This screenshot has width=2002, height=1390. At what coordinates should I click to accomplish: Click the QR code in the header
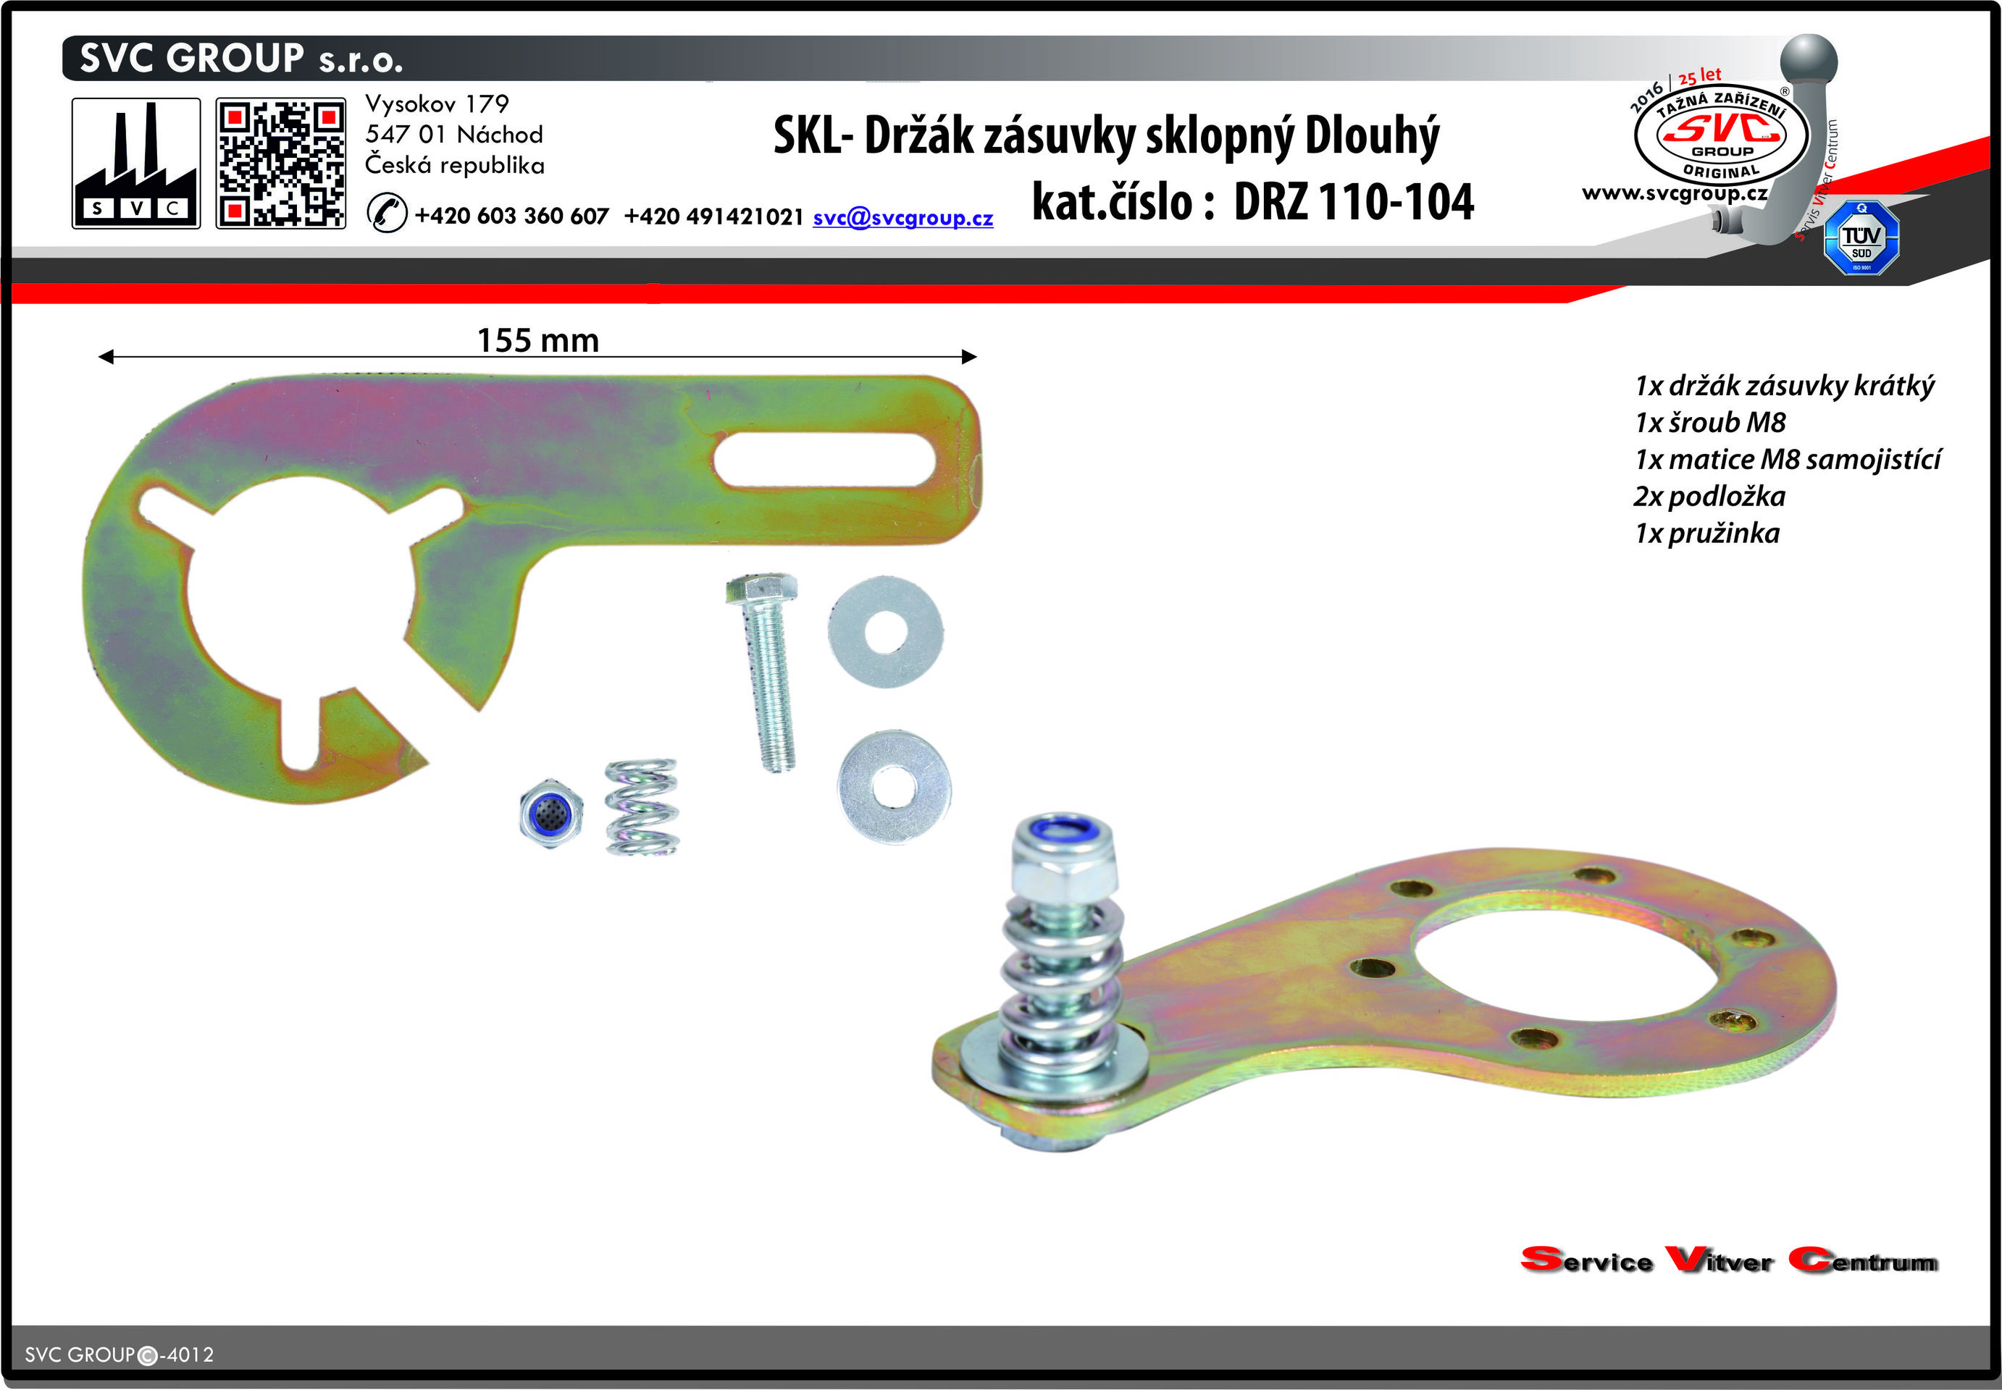pyautogui.click(x=280, y=164)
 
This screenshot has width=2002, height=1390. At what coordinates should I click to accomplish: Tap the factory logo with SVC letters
pyautogui.click(x=136, y=164)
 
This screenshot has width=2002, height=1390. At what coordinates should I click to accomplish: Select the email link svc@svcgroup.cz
pyautogui.click(x=902, y=217)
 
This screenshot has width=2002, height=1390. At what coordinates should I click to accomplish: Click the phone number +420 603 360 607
pyautogui.click(x=511, y=216)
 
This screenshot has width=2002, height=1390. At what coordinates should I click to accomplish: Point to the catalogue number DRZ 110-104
pyautogui.click(x=1354, y=202)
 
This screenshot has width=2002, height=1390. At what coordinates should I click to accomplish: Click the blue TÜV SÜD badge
pyautogui.click(x=1861, y=237)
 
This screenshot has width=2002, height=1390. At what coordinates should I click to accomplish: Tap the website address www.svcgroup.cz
pyautogui.click(x=1675, y=193)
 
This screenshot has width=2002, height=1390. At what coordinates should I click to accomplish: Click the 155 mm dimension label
pyautogui.click(x=538, y=340)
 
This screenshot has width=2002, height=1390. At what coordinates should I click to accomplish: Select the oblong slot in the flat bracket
pyautogui.click(x=824, y=460)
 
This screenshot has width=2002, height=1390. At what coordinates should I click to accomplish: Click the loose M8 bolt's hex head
pyautogui.click(x=761, y=589)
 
